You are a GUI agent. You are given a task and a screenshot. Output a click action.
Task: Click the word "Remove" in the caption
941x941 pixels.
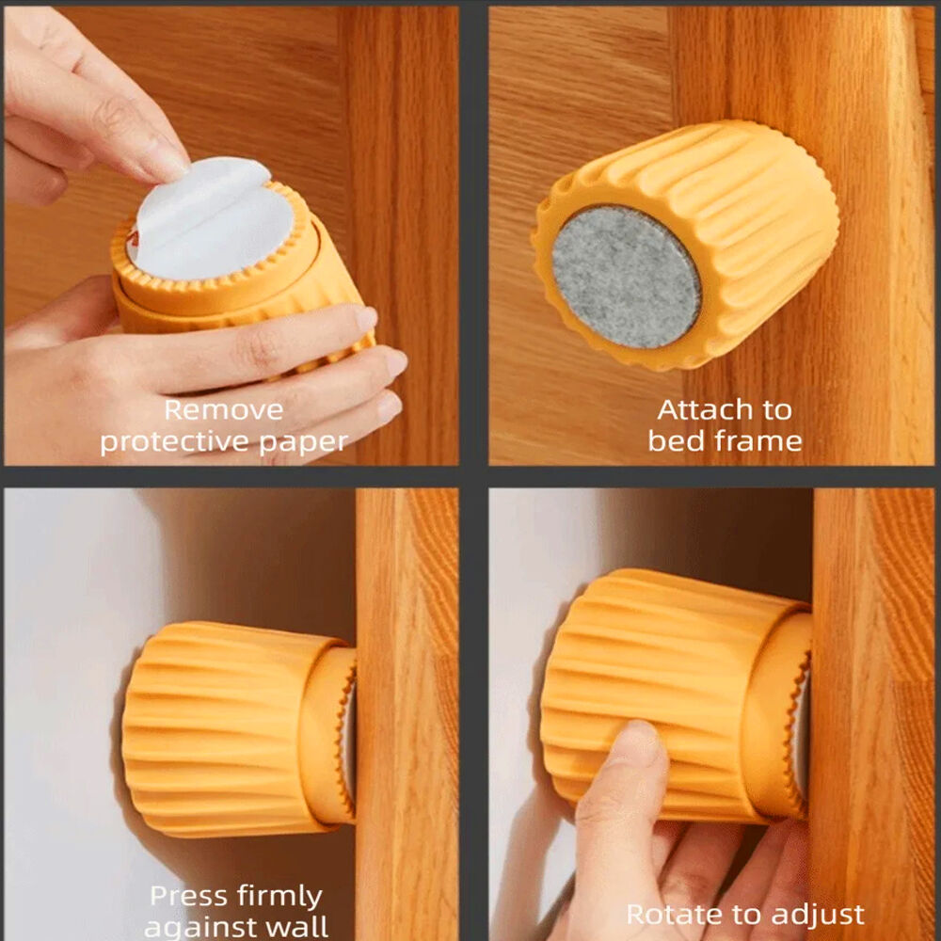[223, 410]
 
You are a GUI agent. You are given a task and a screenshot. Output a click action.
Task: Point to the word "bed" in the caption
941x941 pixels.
[675, 441]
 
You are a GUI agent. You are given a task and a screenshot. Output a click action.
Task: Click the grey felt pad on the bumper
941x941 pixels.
[626, 278]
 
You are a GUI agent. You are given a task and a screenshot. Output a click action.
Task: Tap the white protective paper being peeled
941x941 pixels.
[210, 218]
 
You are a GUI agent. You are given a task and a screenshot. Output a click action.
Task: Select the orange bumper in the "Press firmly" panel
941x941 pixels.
[239, 729]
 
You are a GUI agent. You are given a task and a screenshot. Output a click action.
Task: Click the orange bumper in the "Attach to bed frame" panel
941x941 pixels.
[685, 245]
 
